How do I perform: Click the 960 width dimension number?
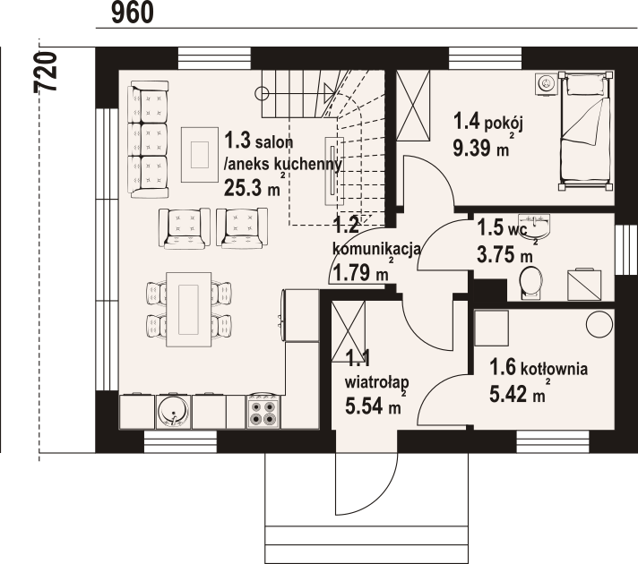(133, 13)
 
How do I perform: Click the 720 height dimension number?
(45, 72)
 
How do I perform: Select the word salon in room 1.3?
(274, 142)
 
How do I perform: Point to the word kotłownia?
(554, 369)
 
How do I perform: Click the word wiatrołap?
(376, 382)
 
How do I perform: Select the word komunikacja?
(376, 249)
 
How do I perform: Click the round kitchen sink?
(173, 411)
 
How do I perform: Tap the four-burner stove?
(263, 412)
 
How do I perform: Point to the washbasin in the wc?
(536, 225)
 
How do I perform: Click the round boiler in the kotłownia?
(599, 324)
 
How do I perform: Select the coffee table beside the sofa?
(199, 154)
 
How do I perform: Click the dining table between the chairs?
(189, 310)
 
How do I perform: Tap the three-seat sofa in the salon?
(148, 139)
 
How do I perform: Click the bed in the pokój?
(585, 131)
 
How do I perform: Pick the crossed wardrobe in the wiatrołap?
(349, 331)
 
